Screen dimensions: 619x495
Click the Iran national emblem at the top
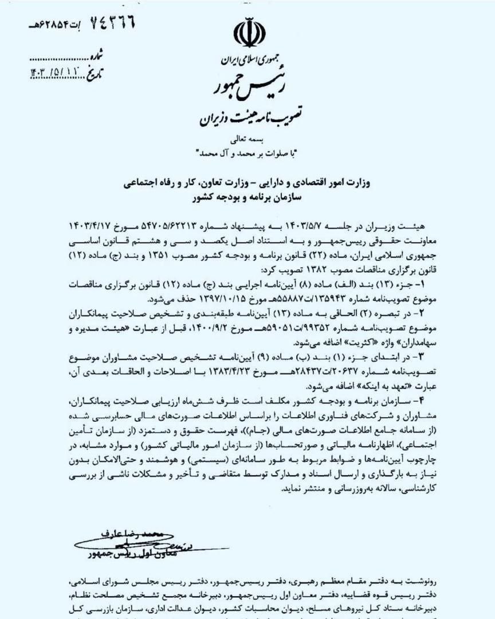pyautogui.click(x=247, y=34)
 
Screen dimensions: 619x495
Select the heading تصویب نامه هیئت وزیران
pyautogui.click(x=246, y=118)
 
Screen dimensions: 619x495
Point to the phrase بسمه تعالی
pyautogui.click(x=247, y=139)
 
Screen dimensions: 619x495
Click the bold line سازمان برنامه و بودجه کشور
pyautogui.click(x=246, y=197)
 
